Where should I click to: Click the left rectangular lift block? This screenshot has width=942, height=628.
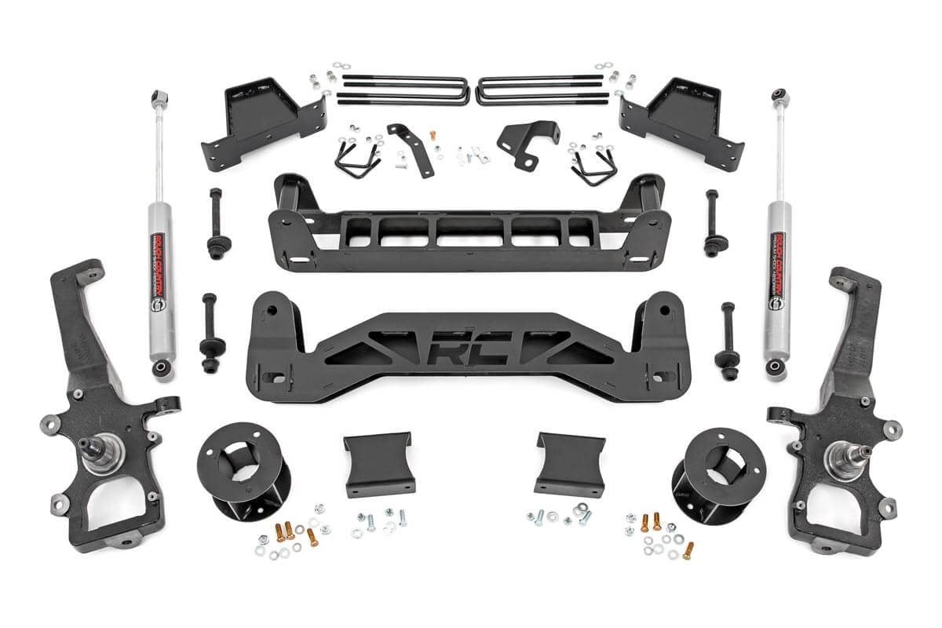(x=379, y=463)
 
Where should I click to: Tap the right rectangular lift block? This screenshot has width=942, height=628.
(x=568, y=463)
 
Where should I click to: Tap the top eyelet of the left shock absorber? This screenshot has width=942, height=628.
(x=156, y=100)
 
